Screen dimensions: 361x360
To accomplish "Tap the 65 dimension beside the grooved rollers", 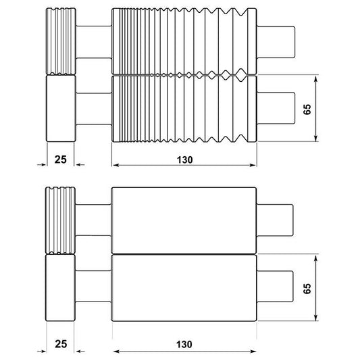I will pos(307,110).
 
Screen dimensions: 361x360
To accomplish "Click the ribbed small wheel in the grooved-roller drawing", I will pos(60,41).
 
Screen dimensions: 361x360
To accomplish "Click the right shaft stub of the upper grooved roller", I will pos(276,41).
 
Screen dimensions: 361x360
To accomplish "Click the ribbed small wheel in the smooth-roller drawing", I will pos(60,220).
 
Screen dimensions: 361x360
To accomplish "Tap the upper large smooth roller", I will pos(184,219).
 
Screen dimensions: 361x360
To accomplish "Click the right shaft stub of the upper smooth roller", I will pos(276,219).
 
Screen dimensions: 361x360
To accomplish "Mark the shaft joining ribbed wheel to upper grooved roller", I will pos(93,41).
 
